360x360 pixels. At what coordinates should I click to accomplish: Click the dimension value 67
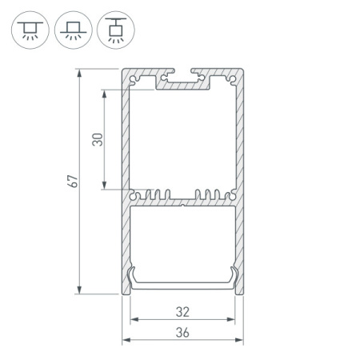(x=73, y=182)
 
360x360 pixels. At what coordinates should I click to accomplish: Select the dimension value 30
(x=98, y=139)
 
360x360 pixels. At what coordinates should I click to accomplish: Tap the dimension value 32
(x=182, y=312)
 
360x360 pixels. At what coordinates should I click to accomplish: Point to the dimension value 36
(x=182, y=333)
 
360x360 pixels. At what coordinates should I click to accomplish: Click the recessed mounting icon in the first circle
(x=30, y=30)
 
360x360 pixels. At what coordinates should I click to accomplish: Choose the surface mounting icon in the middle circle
(x=74, y=30)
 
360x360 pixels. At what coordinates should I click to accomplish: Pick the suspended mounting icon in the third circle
(x=116, y=30)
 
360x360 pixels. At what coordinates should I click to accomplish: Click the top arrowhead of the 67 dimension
(x=79, y=73)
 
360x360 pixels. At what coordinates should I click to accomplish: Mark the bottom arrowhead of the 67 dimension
(x=79, y=290)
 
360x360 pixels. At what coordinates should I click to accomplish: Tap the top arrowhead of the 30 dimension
(x=104, y=94)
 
